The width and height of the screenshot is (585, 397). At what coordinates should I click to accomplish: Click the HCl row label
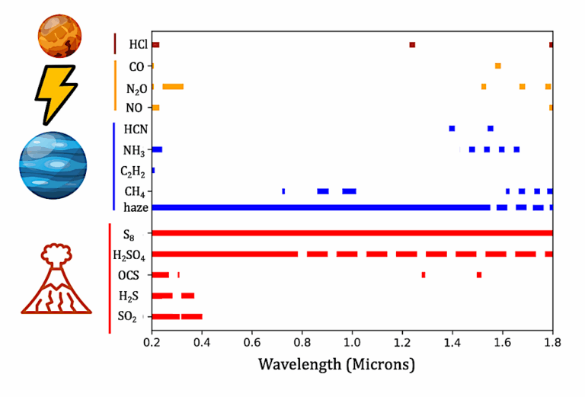click(138, 45)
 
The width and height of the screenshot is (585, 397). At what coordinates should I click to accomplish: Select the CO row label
click(137, 66)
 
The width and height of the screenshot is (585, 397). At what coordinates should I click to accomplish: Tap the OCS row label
click(136, 274)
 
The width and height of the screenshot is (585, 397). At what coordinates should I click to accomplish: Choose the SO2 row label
click(135, 316)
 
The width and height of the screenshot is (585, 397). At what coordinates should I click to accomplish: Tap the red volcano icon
click(56, 279)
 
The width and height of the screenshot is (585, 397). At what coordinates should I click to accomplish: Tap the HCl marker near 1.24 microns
click(412, 45)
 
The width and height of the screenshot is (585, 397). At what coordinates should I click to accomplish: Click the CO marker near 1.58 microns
click(498, 66)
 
